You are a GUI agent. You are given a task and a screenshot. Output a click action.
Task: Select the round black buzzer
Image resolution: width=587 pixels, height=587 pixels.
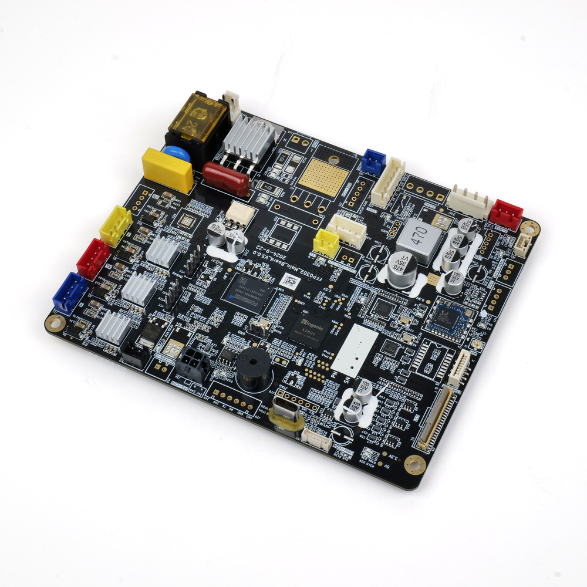coord(253,372)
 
